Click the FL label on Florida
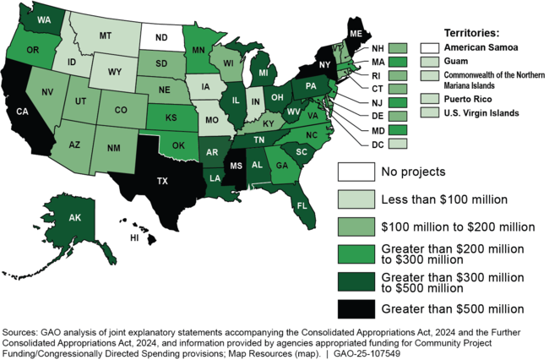pyautogui.click(x=300, y=204)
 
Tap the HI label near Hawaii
pyautogui.click(x=133, y=238)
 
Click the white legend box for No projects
pyautogui.click(x=355, y=172)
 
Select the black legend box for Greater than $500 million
pyautogui.click(x=355, y=308)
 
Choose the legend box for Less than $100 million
pyautogui.click(x=355, y=199)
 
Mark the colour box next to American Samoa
pyautogui.click(x=431, y=46)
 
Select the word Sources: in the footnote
pyautogui.click(x=22, y=333)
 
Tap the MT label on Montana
pyautogui.click(x=106, y=36)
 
